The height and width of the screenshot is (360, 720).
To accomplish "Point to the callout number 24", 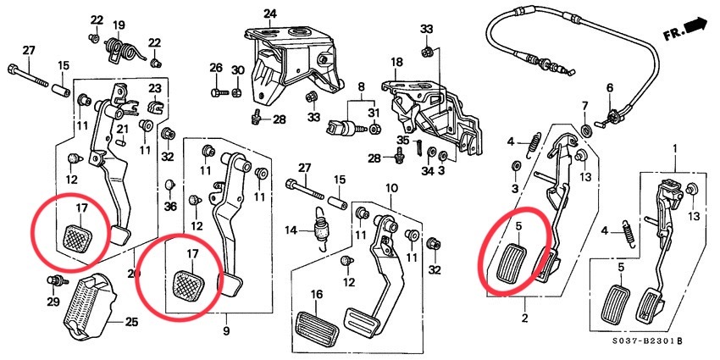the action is point(270,13).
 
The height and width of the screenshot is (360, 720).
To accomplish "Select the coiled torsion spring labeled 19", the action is point(123,50).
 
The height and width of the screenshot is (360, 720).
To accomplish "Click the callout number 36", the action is point(170,207).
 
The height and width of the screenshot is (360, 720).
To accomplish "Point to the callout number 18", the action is point(396,62).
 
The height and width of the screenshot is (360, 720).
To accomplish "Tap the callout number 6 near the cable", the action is point(610,88).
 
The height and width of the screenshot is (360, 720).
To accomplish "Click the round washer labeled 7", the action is point(586,130).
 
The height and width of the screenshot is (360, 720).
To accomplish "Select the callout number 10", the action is point(391,188).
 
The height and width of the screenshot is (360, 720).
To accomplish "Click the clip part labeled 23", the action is point(155,106).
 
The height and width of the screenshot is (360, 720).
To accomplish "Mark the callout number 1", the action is point(675,148).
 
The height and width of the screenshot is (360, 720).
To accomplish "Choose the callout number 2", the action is point(525,318).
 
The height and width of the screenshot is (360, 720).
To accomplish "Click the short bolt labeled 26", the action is point(219,93).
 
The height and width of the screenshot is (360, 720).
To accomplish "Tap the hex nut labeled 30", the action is point(237,93).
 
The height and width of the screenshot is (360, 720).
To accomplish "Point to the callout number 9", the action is point(226,331).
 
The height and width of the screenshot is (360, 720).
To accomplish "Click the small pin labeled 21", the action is point(121,142).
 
